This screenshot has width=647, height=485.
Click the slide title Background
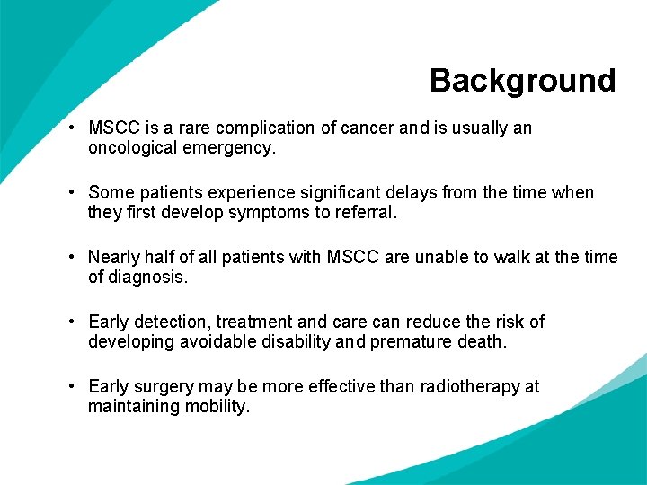tap(522, 81)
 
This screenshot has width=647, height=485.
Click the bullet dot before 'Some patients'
tap(70, 193)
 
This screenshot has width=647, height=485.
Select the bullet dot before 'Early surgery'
tap(70, 387)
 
